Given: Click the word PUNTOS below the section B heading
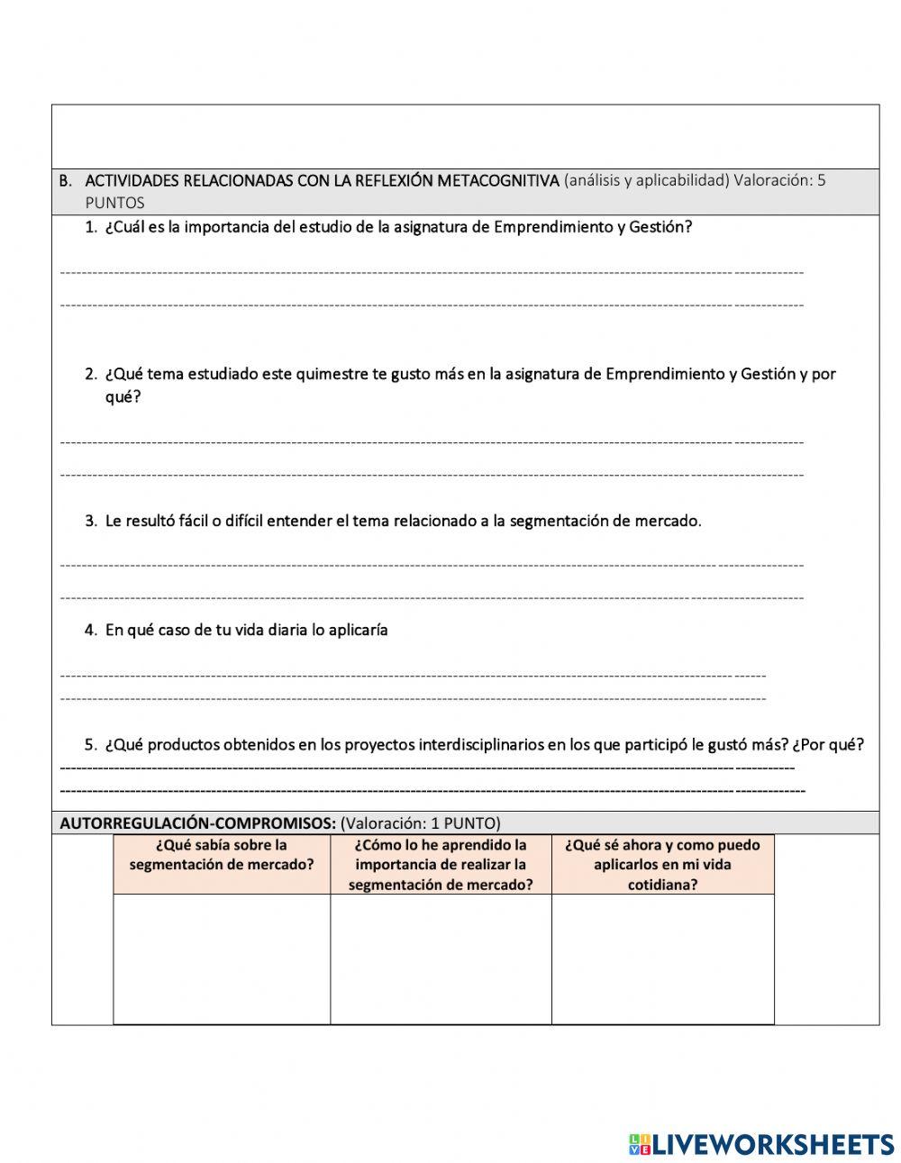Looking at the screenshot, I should pyautogui.click(x=114, y=203).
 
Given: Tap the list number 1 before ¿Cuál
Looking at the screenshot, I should pyautogui.click(x=90, y=227).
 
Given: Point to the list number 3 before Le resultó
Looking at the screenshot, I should pyautogui.click(x=90, y=521).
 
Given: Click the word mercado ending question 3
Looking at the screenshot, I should pyautogui.click(x=668, y=521).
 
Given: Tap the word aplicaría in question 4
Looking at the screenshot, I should pyautogui.click(x=358, y=630).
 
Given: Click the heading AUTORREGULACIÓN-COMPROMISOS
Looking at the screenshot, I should pyautogui.click(x=197, y=822).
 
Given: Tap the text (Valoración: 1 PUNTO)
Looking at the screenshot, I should pyautogui.click(x=421, y=822).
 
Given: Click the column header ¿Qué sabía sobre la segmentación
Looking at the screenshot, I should pyautogui.click(x=222, y=855).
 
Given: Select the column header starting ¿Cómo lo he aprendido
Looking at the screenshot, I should pyautogui.click(x=441, y=864).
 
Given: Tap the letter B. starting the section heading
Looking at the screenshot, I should pyautogui.click(x=65, y=180).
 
